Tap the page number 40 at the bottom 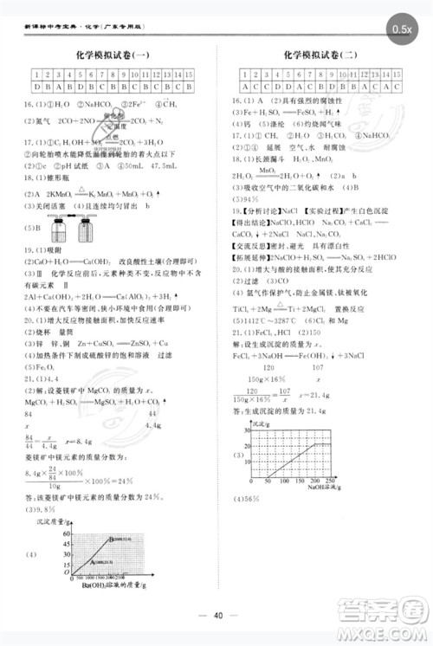tap(218, 616)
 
